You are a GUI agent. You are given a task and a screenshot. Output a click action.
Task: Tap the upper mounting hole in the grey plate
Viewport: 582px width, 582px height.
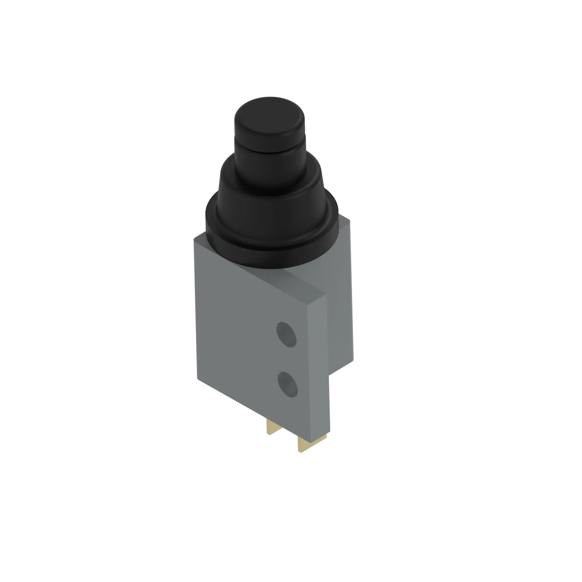tap(286, 334)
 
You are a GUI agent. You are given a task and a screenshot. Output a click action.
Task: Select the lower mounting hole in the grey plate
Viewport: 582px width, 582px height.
tap(288, 384)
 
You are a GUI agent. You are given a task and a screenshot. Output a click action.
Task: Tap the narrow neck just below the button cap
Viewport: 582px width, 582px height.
tap(270, 151)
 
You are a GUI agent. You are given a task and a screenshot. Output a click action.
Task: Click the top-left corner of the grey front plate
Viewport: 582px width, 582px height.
tap(194, 239)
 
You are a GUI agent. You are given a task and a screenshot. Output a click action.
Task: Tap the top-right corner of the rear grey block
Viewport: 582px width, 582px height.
tap(350, 221)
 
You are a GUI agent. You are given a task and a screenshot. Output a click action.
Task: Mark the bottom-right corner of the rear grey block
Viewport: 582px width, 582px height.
tap(353, 360)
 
